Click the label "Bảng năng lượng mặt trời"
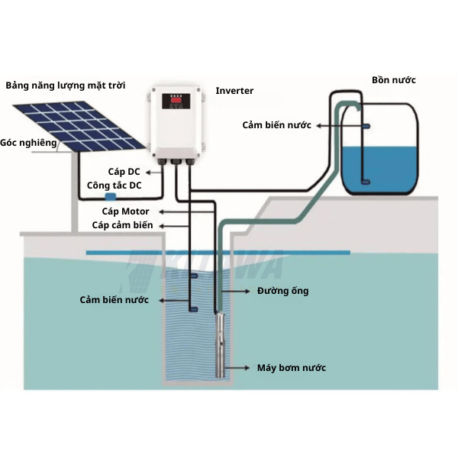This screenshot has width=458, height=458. pos(66,85)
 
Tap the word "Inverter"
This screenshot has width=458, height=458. pos(234,91)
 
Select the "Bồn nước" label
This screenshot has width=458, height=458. pos(393,80)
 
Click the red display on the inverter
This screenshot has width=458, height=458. pos(176,100)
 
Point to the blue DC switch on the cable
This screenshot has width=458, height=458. pos(111,196)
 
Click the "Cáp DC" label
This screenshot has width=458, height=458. pos(124,172)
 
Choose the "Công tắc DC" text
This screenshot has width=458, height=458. pos(114,185)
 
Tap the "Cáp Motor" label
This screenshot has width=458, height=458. pos(125,211)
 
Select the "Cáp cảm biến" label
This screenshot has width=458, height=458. pos(122,225)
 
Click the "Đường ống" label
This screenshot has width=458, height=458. pos(282,291)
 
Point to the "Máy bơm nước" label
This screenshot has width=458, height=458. pos(292,368)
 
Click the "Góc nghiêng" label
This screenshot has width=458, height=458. pos(28,143)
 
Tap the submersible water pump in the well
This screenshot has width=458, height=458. pos(220,345)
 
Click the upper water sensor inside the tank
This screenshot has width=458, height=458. pos(366,127)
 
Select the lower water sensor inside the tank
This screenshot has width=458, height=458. pos(366,182)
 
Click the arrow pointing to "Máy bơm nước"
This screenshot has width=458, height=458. pos(237,368)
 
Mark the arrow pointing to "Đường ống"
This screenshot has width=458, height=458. pos(236,291)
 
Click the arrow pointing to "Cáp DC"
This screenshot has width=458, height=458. pos(154,173)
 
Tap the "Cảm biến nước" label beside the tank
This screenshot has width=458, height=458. pos(276,125)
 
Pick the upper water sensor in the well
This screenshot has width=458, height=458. pos(194,276)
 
